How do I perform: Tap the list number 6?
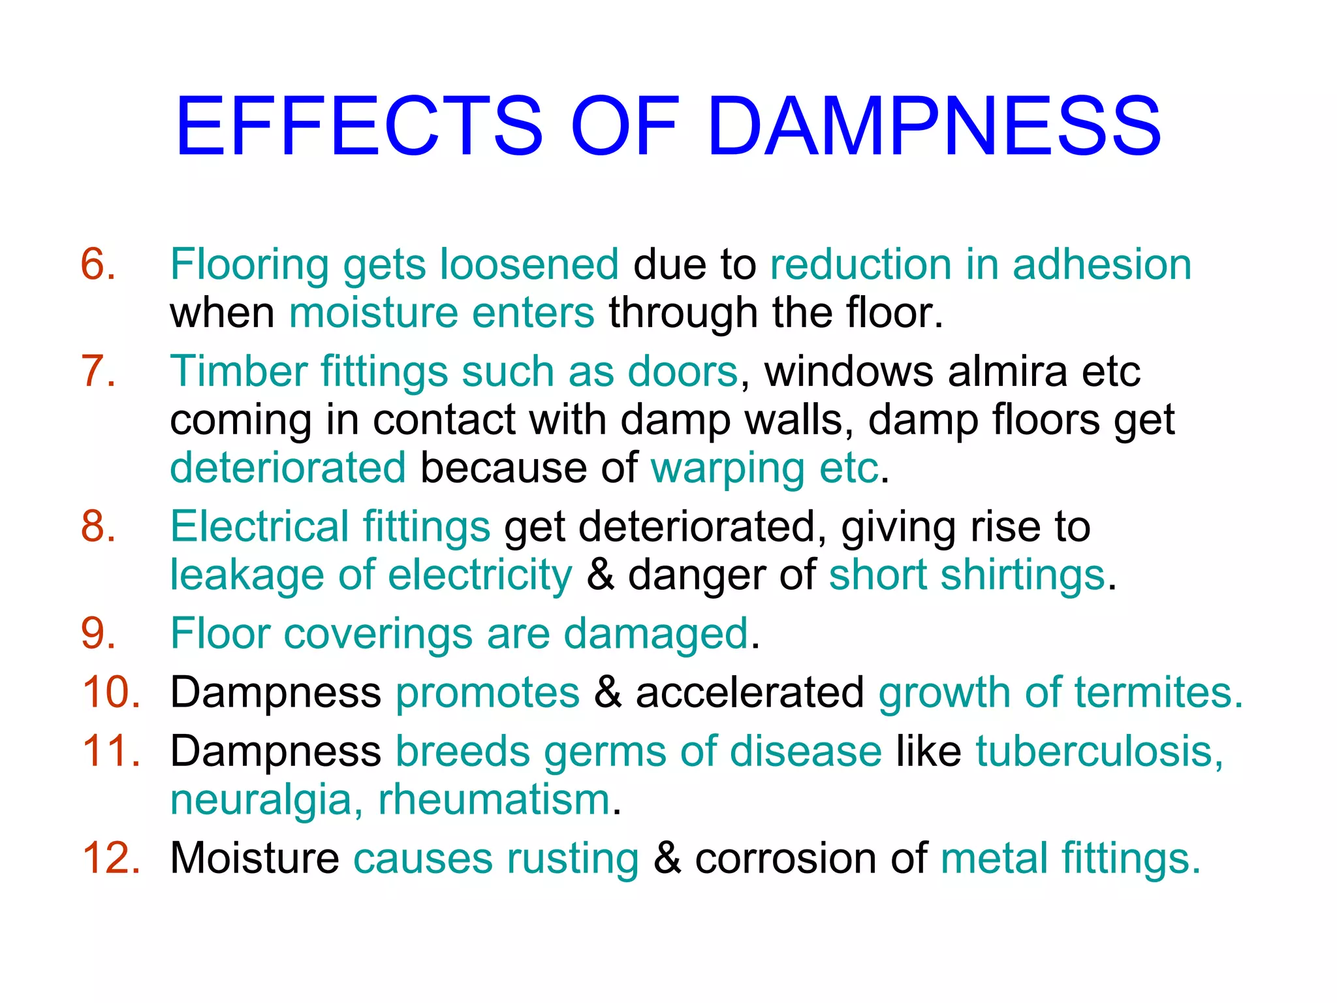click(98, 264)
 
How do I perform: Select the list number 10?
click(111, 692)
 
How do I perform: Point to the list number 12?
click(111, 858)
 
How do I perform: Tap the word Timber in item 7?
click(238, 371)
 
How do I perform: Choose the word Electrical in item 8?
click(259, 526)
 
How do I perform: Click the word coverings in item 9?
click(378, 633)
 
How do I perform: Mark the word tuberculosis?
click(1099, 751)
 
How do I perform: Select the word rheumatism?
click(494, 800)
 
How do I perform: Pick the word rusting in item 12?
click(573, 858)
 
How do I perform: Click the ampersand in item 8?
click(600, 575)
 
